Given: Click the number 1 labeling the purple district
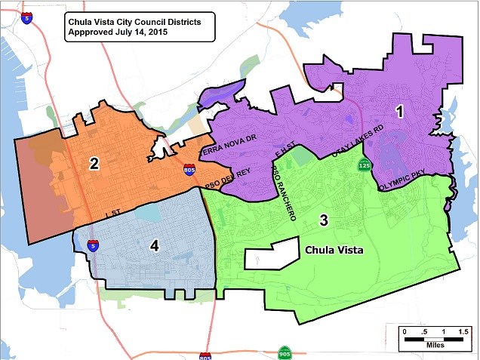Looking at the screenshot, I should coord(399,111).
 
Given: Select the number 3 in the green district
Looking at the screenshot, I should coord(324,220).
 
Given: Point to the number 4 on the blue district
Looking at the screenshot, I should coord(153,245).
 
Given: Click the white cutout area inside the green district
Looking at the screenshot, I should coord(272,256).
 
